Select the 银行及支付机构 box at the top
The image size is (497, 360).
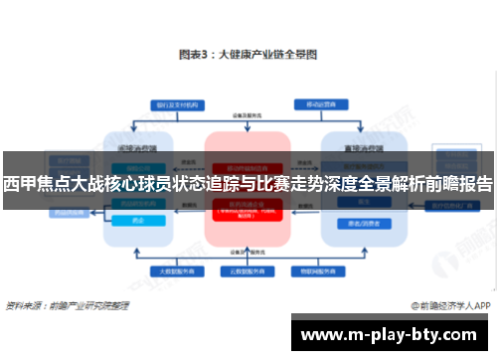169,103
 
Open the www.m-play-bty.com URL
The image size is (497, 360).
392,333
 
